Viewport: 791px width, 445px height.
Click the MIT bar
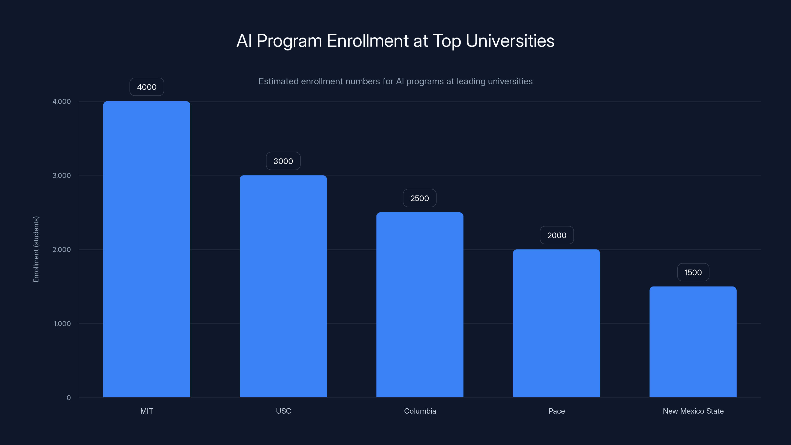(x=147, y=249)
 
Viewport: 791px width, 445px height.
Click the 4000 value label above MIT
(x=147, y=87)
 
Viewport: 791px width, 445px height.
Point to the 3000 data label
(x=283, y=161)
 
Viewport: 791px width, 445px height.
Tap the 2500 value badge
(x=419, y=198)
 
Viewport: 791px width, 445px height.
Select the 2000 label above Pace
(x=556, y=235)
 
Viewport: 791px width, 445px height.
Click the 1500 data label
(x=693, y=272)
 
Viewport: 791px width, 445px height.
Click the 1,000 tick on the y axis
(x=62, y=323)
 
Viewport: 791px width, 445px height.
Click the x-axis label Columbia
(x=420, y=411)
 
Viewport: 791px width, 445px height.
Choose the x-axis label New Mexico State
(x=693, y=411)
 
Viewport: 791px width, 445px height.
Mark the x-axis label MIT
(x=147, y=411)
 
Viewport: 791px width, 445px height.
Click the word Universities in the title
(x=510, y=41)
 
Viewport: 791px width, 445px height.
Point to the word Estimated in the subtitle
(x=278, y=81)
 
